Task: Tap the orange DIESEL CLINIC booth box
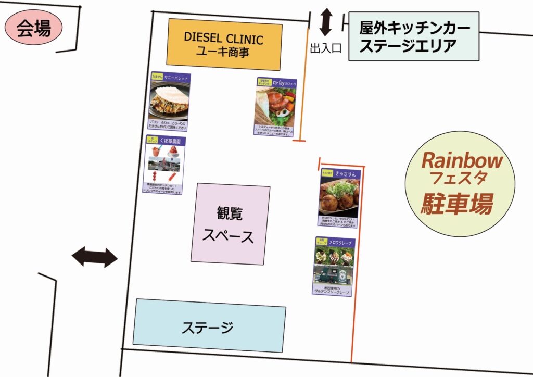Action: click(x=224, y=45)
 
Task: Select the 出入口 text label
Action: click(x=325, y=48)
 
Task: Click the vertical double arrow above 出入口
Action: click(x=326, y=22)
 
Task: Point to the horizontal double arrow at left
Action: click(x=95, y=257)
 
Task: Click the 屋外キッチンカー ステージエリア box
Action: click(x=414, y=36)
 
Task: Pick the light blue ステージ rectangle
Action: click(x=209, y=326)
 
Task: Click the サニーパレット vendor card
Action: click(x=169, y=102)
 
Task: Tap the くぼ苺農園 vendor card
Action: click(x=165, y=166)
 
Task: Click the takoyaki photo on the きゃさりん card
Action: click(x=338, y=197)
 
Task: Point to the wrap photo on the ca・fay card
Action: click(x=275, y=106)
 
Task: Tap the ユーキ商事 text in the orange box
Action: click(x=224, y=52)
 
